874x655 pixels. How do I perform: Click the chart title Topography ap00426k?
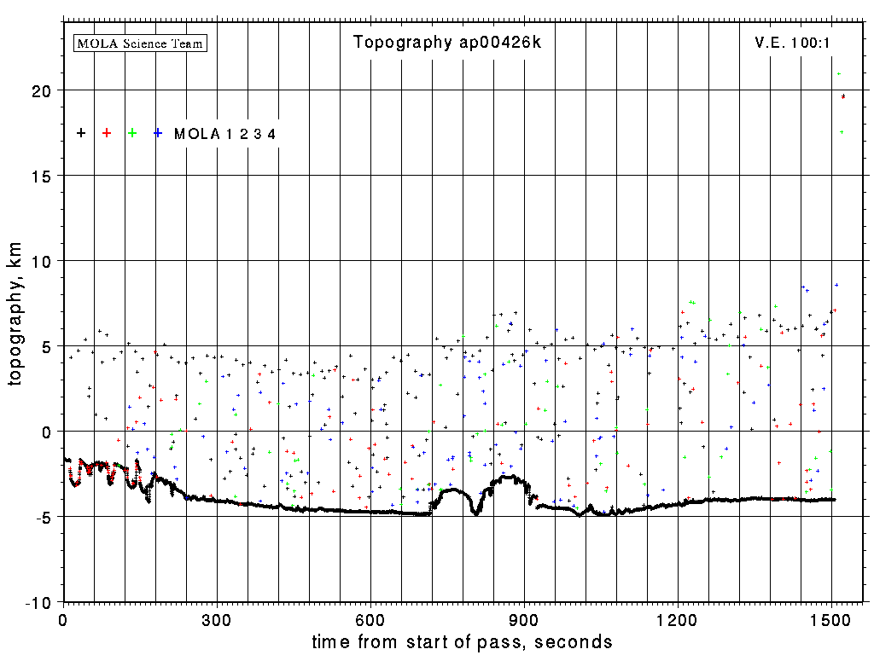click(447, 43)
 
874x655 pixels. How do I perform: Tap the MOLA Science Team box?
click(141, 43)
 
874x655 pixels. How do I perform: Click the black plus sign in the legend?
click(81, 133)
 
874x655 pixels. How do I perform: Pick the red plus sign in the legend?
click(107, 133)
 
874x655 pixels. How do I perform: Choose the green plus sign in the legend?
click(132, 133)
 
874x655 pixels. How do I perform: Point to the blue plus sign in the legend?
click(158, 133)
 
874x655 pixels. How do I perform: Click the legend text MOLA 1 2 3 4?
click(224, 134)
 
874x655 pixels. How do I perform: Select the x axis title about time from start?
click(462, 641)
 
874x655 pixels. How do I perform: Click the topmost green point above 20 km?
click(840, 74)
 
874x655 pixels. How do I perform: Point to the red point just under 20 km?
click(843, 96)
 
